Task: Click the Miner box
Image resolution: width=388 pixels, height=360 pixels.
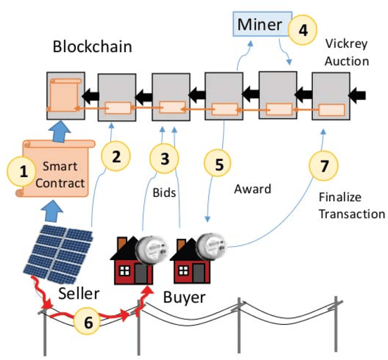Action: point(258,25)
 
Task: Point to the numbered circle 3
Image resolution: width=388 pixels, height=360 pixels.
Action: point(165,158)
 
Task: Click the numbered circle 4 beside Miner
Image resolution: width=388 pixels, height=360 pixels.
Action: point(303,30)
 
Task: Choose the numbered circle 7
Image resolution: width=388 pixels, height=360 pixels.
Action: point(323,166)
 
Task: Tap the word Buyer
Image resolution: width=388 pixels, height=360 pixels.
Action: point(184,297)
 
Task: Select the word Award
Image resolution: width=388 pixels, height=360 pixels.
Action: point(252,189)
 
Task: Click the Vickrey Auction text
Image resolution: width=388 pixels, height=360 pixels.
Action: point(347,52)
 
